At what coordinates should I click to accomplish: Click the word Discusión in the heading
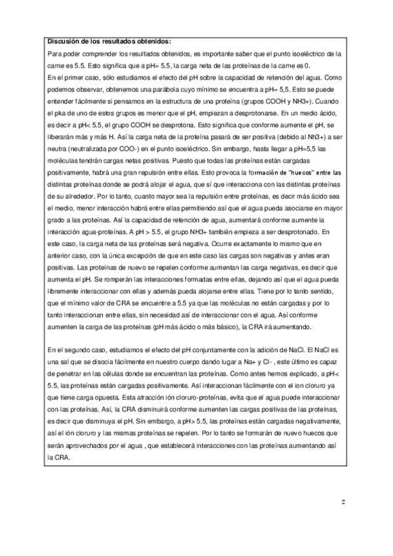64,41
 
